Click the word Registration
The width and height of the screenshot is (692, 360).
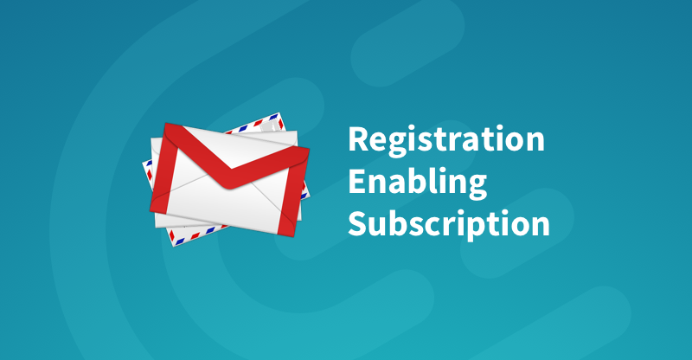[x=446, y=140]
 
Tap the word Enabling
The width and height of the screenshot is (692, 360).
[x=418, y=182]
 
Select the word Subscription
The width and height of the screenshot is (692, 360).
[x=449, y=223]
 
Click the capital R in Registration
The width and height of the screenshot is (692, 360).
[x=358, y=139]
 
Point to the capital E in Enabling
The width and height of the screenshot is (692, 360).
[x=356, y=181]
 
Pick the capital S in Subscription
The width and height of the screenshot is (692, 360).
[x=357, y=223]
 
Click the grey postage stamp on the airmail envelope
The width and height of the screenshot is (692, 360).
[x=271, y=125]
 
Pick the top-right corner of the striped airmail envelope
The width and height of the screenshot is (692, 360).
[x=278, y=113]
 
